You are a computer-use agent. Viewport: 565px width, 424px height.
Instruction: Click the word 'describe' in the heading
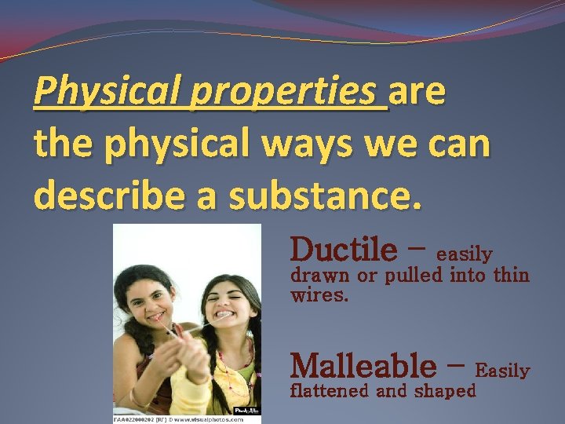(x=105, y=194)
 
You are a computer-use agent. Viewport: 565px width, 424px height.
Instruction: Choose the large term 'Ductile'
(x=344, y=250)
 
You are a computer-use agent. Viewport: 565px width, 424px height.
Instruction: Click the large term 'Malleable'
(x=363, y=365)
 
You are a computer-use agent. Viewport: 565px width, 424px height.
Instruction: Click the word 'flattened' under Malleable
(x=330, y=391)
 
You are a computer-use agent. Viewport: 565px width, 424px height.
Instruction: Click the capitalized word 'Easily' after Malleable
(x=503, y=370)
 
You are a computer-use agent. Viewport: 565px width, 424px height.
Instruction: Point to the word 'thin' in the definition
(x=512, y=276)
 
